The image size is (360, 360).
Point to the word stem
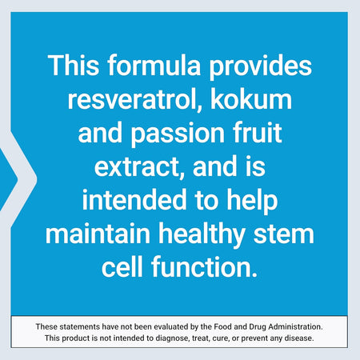click(288, 238)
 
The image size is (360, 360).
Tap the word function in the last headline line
click(205, 271)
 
